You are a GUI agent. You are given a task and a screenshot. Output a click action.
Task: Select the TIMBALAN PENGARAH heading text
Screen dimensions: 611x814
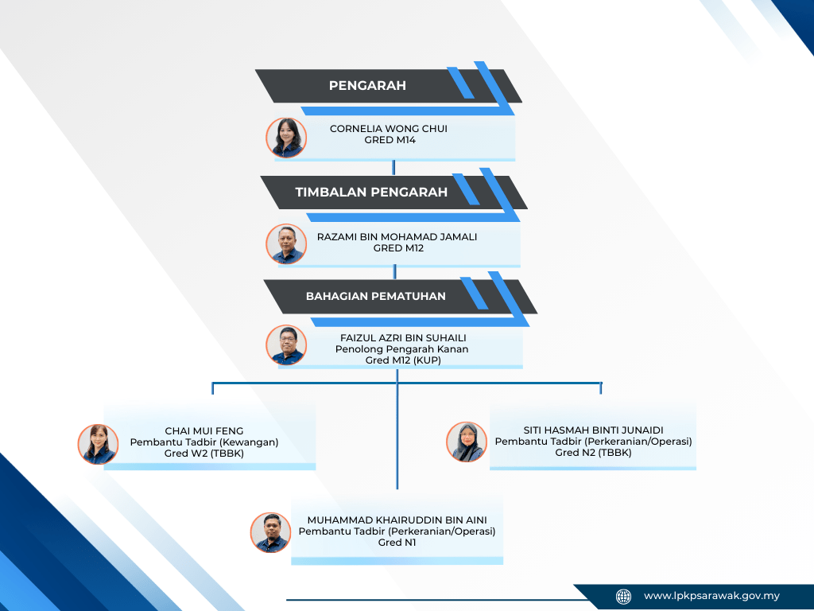click(371, 192)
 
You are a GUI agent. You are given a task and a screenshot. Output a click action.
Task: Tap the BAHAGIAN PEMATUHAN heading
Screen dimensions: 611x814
click(376, 296)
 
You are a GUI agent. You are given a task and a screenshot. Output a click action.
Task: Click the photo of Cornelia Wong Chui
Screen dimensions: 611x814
click(286, 138)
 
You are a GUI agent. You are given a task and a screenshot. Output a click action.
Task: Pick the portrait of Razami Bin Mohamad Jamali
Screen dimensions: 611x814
click(286, 244)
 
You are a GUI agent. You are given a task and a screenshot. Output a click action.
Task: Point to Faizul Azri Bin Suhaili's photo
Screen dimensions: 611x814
click(286, 345)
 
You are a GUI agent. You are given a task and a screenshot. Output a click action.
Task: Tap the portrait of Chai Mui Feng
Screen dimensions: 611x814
click(98, 444)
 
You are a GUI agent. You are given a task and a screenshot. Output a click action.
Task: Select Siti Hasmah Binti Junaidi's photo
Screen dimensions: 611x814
click(466, 442)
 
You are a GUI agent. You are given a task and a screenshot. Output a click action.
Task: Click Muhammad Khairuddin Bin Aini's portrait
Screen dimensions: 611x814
click(271, 532)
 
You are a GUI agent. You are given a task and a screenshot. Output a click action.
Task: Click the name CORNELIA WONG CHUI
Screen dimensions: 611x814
click(389, 129)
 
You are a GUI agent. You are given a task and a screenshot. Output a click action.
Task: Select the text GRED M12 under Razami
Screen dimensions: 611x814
click(398, 248)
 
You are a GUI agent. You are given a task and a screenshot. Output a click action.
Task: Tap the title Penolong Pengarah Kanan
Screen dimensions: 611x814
click(401, 349)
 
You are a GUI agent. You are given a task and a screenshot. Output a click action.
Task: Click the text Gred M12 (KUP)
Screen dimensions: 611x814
click(403, 360)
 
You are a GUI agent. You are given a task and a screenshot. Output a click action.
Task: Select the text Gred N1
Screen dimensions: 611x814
click(397, 543)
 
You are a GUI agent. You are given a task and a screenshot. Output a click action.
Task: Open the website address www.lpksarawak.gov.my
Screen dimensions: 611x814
click(711, 596)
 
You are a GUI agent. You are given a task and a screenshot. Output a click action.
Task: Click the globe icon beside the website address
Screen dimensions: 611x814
click(624, 596)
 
